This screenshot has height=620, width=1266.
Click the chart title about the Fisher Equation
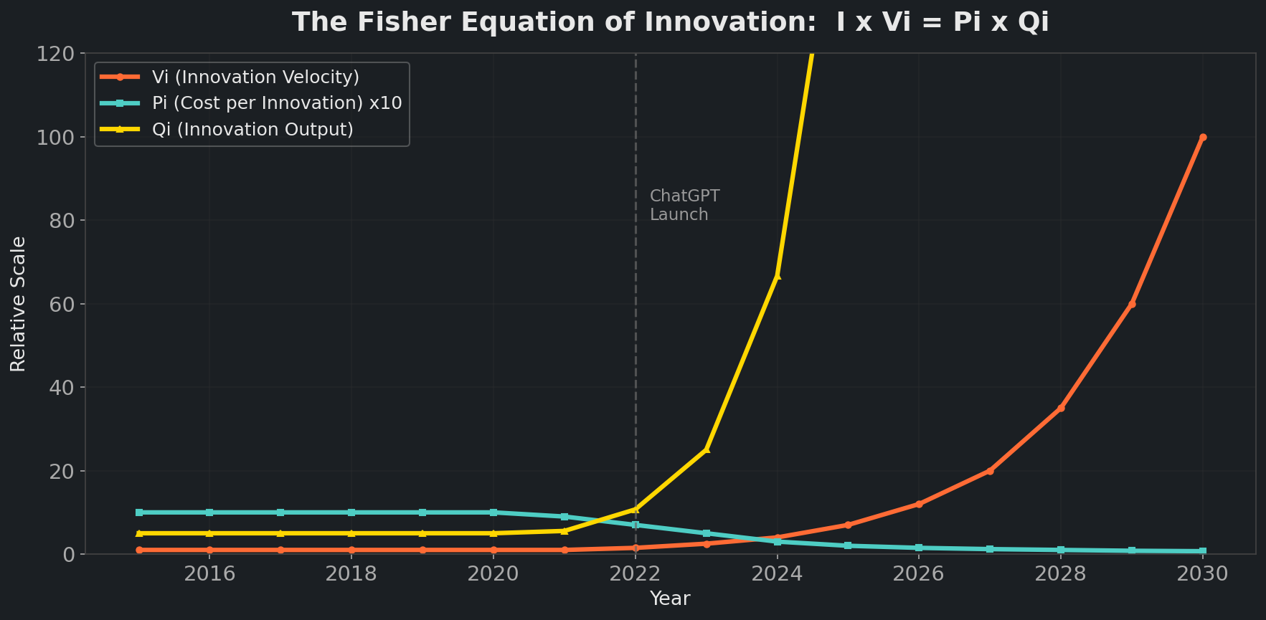tap(670, 22)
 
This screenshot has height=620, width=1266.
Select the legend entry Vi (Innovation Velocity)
tap(255, 77)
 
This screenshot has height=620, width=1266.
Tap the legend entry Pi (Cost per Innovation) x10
tap(276, 103)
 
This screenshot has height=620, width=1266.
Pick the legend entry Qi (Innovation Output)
tap(252, 130)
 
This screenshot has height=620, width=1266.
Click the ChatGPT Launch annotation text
tap(684, 205)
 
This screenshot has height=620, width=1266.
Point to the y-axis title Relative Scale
tap(18, 304)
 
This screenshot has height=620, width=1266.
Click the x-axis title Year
tap(669, 598)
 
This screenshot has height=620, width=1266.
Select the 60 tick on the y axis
tap(61, 304)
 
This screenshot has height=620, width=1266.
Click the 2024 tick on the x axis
tap(777, 574)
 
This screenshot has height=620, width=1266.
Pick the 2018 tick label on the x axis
tap(351, 574)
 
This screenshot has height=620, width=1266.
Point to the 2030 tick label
tap(1203, 574)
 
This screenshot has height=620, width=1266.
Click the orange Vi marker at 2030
tap(1203, 137)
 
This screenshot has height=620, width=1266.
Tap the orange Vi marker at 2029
tap(1132, 304)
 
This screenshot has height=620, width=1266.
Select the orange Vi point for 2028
tap(1061, 408)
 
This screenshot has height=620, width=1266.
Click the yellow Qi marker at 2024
tap(777, 275)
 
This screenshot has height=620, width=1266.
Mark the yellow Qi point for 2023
tap(707, 449)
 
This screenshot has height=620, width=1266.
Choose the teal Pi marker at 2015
tap(139, 512)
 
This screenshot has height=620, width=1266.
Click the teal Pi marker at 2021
tap(564, 517)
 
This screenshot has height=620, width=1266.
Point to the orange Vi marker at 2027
tap(990, 471)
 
